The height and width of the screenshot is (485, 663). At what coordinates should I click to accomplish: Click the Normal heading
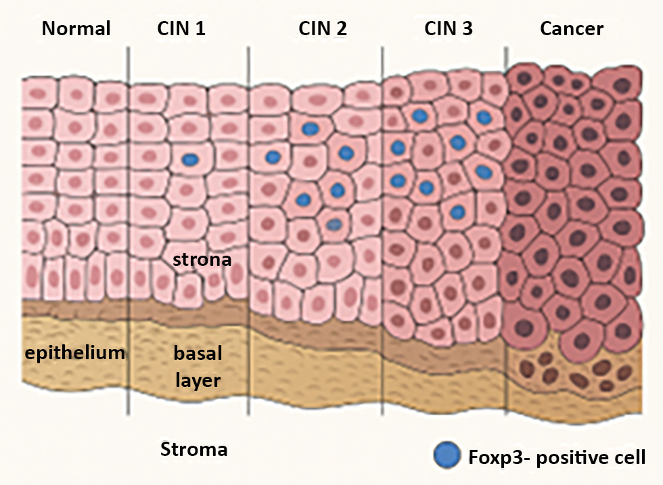click(76, 28)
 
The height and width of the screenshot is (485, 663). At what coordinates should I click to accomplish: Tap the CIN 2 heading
click(322, 28)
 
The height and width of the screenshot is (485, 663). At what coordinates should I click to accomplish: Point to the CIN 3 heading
click(449, 28)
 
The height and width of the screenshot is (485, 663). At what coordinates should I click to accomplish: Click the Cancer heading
click(572, 28)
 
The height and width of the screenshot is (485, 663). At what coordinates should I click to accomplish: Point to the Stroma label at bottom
click(193, 449)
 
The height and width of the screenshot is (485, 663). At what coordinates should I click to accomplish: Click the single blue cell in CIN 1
click(191, 160)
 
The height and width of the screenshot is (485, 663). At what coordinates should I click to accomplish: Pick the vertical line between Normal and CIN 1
click(129, 230)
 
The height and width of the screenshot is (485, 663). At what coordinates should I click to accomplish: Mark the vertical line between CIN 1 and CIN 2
click(248, 230)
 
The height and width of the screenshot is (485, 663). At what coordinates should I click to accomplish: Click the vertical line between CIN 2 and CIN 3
click(383, 230)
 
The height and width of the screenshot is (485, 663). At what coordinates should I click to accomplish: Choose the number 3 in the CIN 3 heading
click(467, 28)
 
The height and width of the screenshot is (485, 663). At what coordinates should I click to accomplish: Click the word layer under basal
click(198, 380)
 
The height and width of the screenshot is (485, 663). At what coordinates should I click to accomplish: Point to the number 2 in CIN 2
click(340, 28)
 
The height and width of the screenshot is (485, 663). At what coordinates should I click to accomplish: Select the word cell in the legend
click(629, 457)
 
